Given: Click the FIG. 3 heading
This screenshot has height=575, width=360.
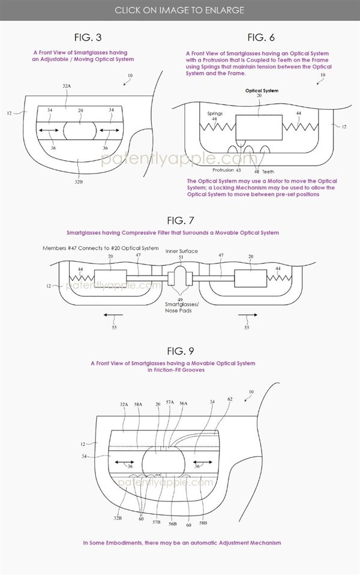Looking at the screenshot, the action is (83, 38).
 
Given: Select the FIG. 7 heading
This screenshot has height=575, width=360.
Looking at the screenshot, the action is (181, 220).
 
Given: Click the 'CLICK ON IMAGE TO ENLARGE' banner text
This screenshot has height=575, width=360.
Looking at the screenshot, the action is (179, 10).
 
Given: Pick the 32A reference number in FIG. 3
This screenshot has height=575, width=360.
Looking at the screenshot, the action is (66, 87).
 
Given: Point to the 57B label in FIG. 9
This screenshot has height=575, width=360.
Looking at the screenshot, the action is (157, 522).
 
